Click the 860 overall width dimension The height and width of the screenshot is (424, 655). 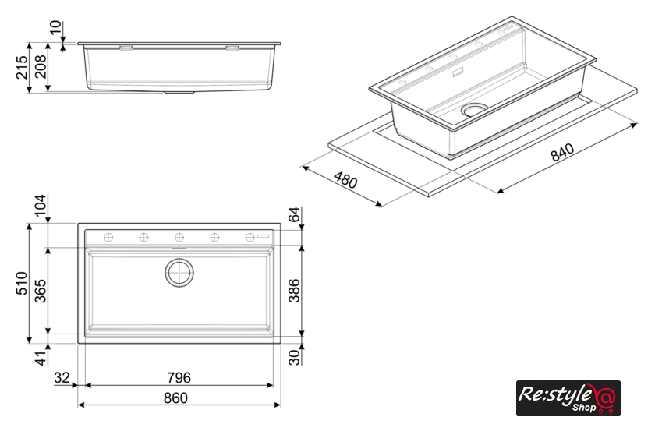point(175,397)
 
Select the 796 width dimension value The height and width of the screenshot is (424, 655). point(179,378)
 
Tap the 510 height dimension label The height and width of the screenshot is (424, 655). point(22,283)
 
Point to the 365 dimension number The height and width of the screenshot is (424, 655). point(41,291)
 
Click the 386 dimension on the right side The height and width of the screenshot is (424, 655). point(295,290)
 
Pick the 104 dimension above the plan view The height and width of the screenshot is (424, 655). point(41,206)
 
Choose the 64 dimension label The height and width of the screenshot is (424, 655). point(295,214)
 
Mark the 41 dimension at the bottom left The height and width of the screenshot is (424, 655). point(41,359)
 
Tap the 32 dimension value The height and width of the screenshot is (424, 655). point(62,378)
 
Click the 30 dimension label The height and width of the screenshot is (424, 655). point(295,357)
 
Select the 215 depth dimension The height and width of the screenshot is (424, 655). point(22,67)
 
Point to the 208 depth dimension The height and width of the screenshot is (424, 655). point(41,67)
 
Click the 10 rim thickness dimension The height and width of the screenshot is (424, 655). point(55,28)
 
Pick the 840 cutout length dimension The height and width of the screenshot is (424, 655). point(562,153)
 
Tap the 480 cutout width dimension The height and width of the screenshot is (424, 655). point(345,180)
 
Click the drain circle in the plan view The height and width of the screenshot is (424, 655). point(179,273)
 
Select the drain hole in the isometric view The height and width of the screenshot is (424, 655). point(474,110)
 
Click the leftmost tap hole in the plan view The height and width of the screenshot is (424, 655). point(108,238)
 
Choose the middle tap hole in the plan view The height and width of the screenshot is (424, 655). point(179,238)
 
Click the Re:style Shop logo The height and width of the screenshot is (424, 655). point(568,398)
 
